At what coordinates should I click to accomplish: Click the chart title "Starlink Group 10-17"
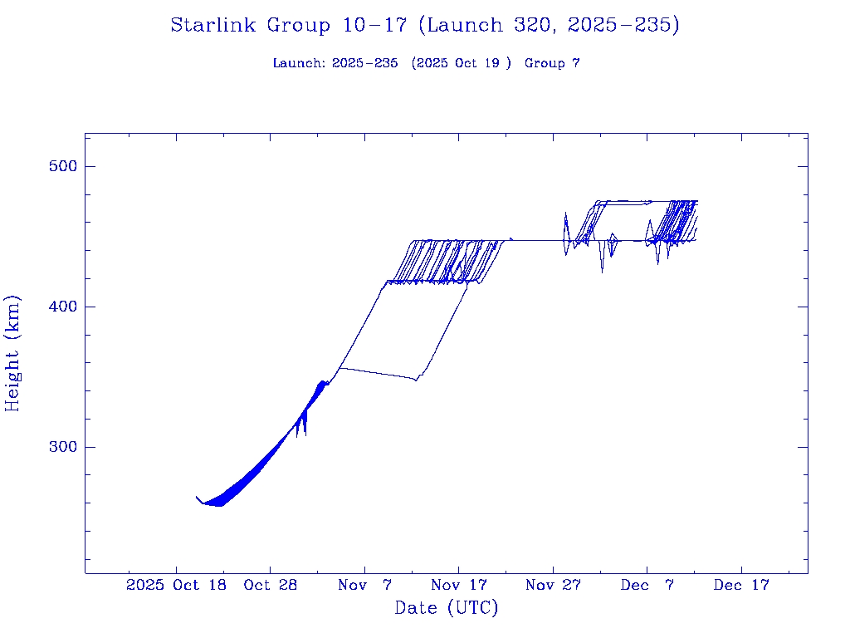click(289, 26)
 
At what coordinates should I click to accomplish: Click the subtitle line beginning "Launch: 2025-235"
click(426, 63)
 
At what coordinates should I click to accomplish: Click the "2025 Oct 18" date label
click(176, 586)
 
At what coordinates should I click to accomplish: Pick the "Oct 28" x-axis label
click(271, 586)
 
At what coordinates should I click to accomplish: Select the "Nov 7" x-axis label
click(365, 586)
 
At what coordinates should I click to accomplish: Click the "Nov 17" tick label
click(459, 586)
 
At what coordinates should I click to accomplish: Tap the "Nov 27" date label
click(554, 586)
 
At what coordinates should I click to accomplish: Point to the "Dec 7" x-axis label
click(647, 586)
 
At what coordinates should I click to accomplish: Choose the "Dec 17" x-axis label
click(742, 586)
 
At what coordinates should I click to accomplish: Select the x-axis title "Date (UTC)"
click(447, 608)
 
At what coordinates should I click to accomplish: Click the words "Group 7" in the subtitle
click(552, 63)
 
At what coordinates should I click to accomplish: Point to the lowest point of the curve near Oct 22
click(217, 505)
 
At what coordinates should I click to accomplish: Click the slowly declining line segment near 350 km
click(378, 373)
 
